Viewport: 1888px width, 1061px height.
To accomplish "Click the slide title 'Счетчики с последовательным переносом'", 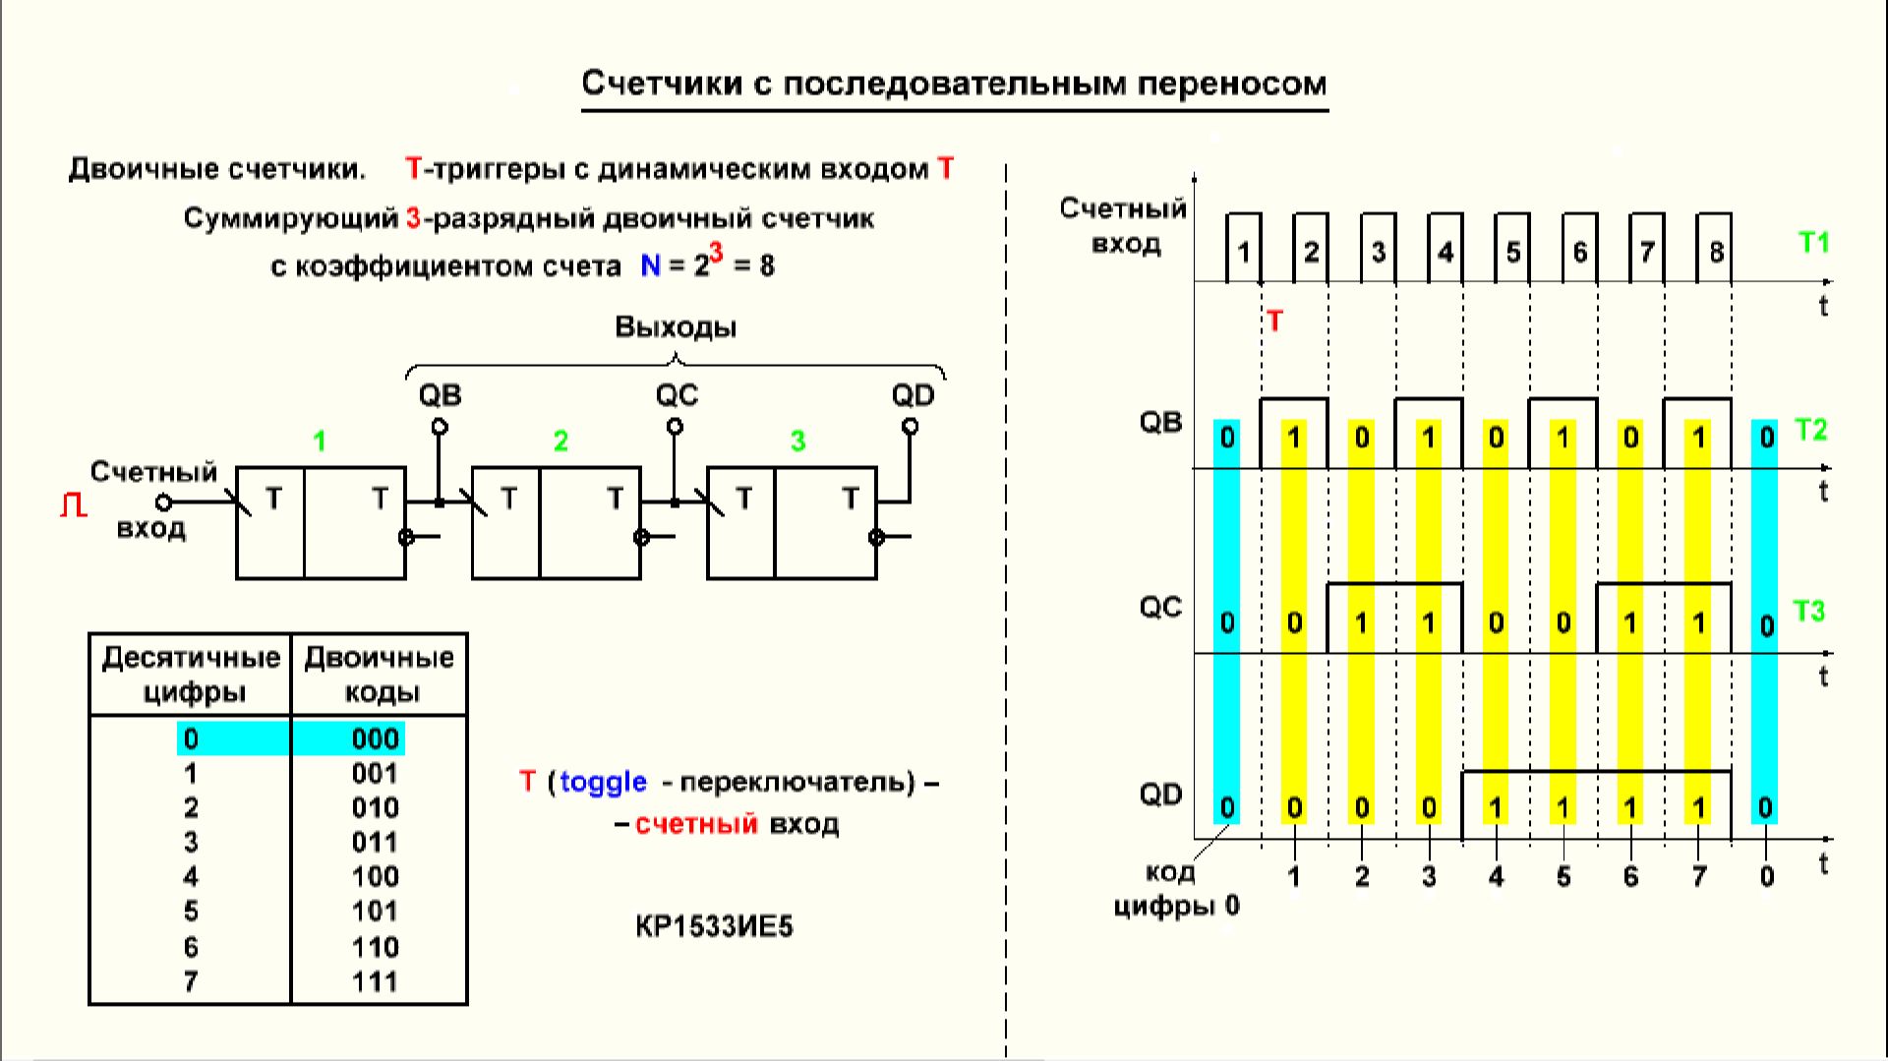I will point(954,84).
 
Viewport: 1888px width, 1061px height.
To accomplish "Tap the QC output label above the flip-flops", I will point(677,395).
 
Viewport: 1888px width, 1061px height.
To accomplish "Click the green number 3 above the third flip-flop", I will point(797,442).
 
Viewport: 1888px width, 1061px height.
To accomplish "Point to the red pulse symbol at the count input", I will point(74,505).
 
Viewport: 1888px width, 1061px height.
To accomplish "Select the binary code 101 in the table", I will point(375,912).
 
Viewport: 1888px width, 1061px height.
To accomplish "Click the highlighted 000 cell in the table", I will point(375,738).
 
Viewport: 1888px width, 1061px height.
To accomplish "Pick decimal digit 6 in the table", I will point(191,947).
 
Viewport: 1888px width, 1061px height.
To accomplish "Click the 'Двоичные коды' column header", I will point(380,674).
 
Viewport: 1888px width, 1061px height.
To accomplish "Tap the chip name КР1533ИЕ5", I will point(714,926).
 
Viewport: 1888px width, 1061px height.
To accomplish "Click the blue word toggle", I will point(603,783).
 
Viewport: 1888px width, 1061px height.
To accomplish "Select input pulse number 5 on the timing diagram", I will point(1513,253).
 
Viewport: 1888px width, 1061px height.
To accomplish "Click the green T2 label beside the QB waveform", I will point(1810,430).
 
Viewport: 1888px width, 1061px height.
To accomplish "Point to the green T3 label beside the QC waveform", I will point(1808,612).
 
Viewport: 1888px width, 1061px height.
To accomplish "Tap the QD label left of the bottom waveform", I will point(1160,795).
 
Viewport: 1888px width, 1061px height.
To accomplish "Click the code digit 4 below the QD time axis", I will point(1496,876).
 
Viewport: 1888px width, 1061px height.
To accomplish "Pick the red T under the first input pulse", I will point(1274,322).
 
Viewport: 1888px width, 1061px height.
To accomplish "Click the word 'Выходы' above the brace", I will point(676,327).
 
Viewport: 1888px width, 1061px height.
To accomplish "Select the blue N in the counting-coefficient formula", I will point(650,265).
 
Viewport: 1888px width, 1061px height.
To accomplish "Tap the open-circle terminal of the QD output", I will point(910,427).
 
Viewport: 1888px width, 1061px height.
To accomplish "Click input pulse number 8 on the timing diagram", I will point(1716,253).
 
